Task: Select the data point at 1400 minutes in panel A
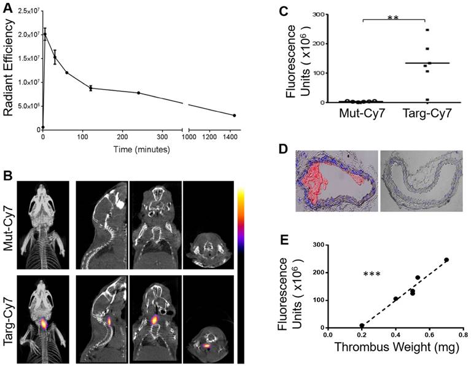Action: click(x=234, y=115)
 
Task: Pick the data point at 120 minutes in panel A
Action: click(x=91, y=88)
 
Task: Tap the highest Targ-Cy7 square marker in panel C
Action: click(x=426, y=30)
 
